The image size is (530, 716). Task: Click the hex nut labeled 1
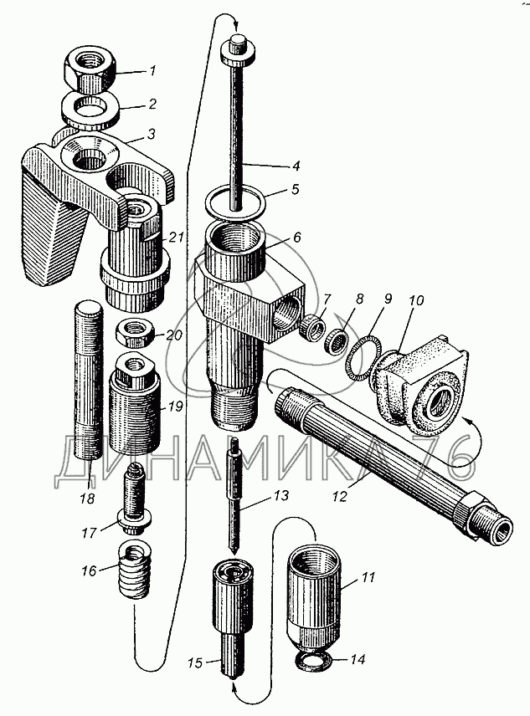tap(90, 69)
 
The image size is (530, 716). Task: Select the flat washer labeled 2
tap(90, 110)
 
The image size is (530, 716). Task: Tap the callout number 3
tap(151, 134)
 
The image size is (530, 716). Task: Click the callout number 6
tap(296, 238)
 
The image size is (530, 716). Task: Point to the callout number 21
tap(177, 238)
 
